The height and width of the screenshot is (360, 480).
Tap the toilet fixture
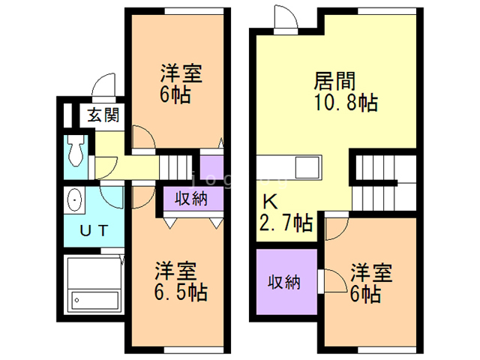75,152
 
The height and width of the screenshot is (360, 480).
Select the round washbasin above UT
74,200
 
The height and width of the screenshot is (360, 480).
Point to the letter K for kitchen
268,201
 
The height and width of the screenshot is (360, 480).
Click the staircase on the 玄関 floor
177,166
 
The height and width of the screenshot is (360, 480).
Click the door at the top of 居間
286,21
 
